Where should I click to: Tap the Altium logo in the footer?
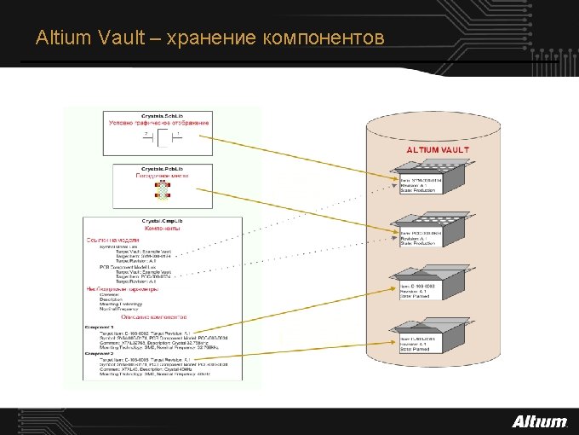point(539,420)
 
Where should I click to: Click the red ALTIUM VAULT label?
point(437,149)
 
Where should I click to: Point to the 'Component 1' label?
point(100,326)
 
